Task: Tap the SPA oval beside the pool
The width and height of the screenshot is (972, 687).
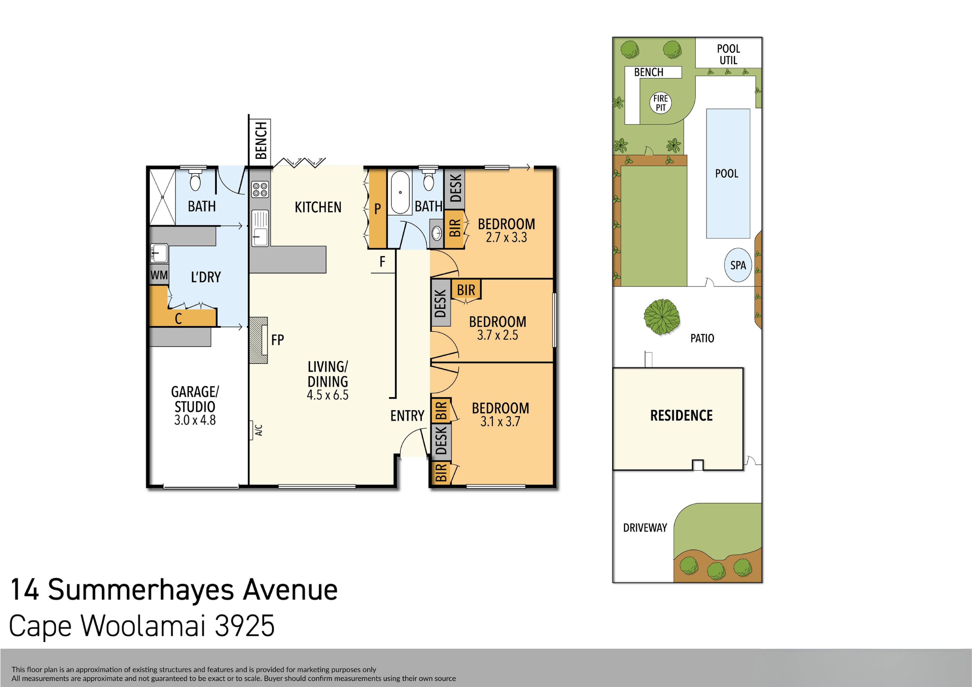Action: [738, 265]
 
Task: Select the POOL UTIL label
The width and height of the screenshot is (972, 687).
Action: [728, 54]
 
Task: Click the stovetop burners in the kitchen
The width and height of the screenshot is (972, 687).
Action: [260, 189]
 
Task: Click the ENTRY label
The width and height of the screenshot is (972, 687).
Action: [407, 416]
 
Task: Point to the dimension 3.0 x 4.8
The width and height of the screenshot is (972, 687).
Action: [195, 420]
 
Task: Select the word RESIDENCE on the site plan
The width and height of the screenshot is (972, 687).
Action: [681, 416]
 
